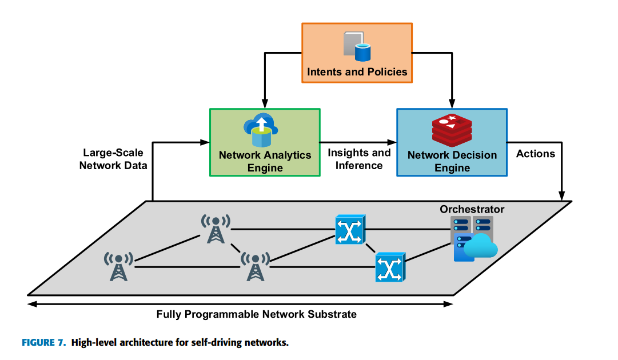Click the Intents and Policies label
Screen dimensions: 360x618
357,72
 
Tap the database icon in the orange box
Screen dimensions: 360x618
357,46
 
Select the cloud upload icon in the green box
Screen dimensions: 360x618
261,130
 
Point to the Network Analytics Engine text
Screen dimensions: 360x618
265,161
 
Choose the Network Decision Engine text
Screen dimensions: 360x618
452,161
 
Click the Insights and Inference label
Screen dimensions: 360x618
359,159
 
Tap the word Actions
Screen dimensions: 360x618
535,154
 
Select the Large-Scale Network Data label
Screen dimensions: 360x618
113,159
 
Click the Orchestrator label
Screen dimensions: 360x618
472,209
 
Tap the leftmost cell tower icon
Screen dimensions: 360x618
118,266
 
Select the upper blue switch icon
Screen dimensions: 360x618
350,230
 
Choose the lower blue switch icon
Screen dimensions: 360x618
390,267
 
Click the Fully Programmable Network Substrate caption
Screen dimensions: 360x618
256,314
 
